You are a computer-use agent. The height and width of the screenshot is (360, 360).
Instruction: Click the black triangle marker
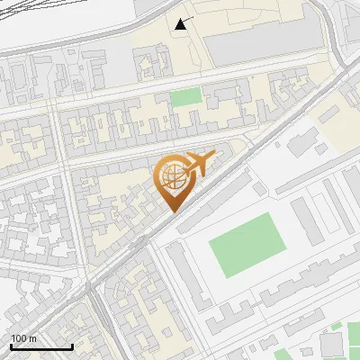[x=183, y=24]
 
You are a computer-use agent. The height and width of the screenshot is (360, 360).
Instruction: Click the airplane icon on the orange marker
[x=200, y=164]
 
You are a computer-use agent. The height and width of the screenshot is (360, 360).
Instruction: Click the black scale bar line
[x=41, y=346]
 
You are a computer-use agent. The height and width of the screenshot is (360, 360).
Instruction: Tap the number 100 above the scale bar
[x=19, y=338]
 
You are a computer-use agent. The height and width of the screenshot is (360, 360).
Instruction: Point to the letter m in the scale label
[x=32, y=338]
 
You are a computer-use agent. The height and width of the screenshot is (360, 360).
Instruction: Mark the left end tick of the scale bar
[x=11, y=345]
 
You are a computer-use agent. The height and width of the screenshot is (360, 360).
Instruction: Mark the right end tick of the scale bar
[x=72, y=345]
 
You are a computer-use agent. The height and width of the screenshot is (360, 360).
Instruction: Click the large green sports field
[x=247, y=244]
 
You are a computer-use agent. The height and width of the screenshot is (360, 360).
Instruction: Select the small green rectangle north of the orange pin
[x=184, y=97]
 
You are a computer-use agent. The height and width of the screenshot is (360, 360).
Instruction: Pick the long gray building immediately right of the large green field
[x=307, y=220]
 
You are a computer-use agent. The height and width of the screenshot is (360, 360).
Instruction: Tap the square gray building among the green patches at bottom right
[x=330, y=345]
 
